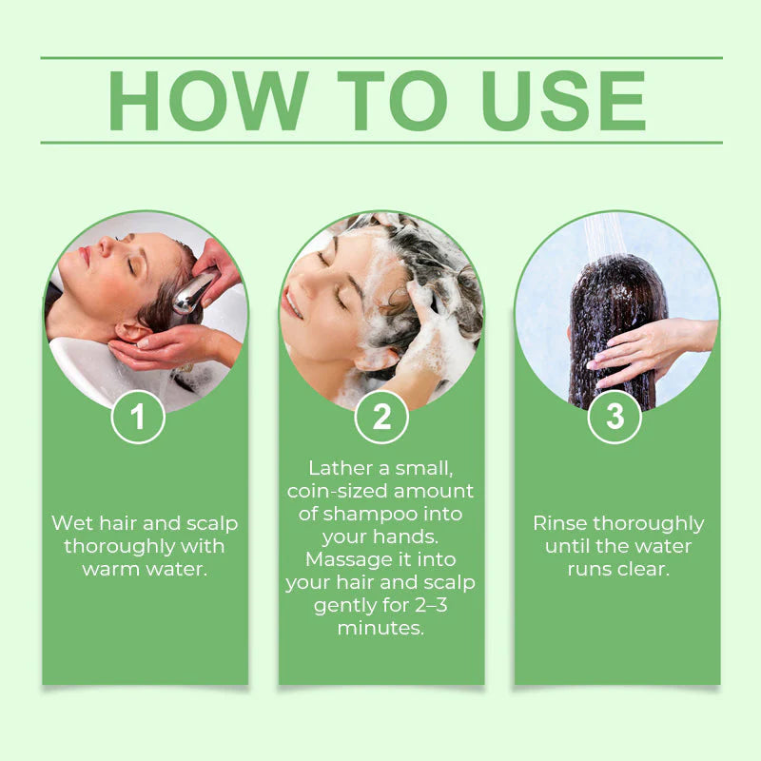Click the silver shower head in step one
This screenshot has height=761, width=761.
click(x=192, y=293)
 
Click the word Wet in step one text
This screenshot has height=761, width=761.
click(x=72, y=523)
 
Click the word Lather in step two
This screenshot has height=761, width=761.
click(x=339, y=468)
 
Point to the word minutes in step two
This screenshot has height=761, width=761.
click(x=380, y=628)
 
